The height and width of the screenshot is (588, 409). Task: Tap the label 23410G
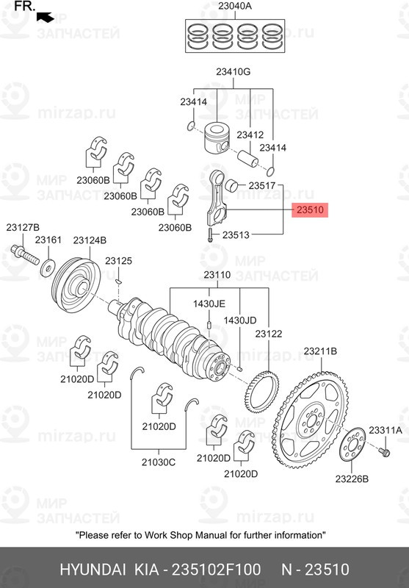pos(233,72)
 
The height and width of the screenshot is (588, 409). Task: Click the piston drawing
pos(218,135)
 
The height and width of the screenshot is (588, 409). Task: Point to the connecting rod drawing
pos(216,198)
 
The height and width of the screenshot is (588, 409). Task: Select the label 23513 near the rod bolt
pos(236,235)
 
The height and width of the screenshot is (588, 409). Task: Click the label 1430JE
pos(209,304)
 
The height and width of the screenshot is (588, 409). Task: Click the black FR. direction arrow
pos(45,15)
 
